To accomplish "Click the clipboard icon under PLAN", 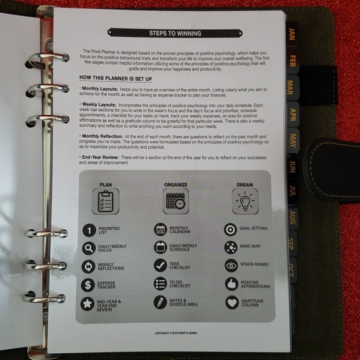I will tap(105, 202).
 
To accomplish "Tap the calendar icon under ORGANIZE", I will tap(176, 202).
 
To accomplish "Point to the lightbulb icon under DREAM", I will tap(245, 202).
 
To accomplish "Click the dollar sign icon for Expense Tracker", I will tap(88, 285).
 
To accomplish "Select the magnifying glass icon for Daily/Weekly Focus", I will tap(88, 248).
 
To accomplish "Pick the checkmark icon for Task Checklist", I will tap(160, 266).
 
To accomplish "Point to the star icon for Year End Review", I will tap(88, 304).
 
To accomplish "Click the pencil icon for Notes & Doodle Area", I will tap(160, 302).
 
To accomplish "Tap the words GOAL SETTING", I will tap(254, 229).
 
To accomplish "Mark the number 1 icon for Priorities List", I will tap(88, 230).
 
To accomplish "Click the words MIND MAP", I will tap(251, 247).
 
